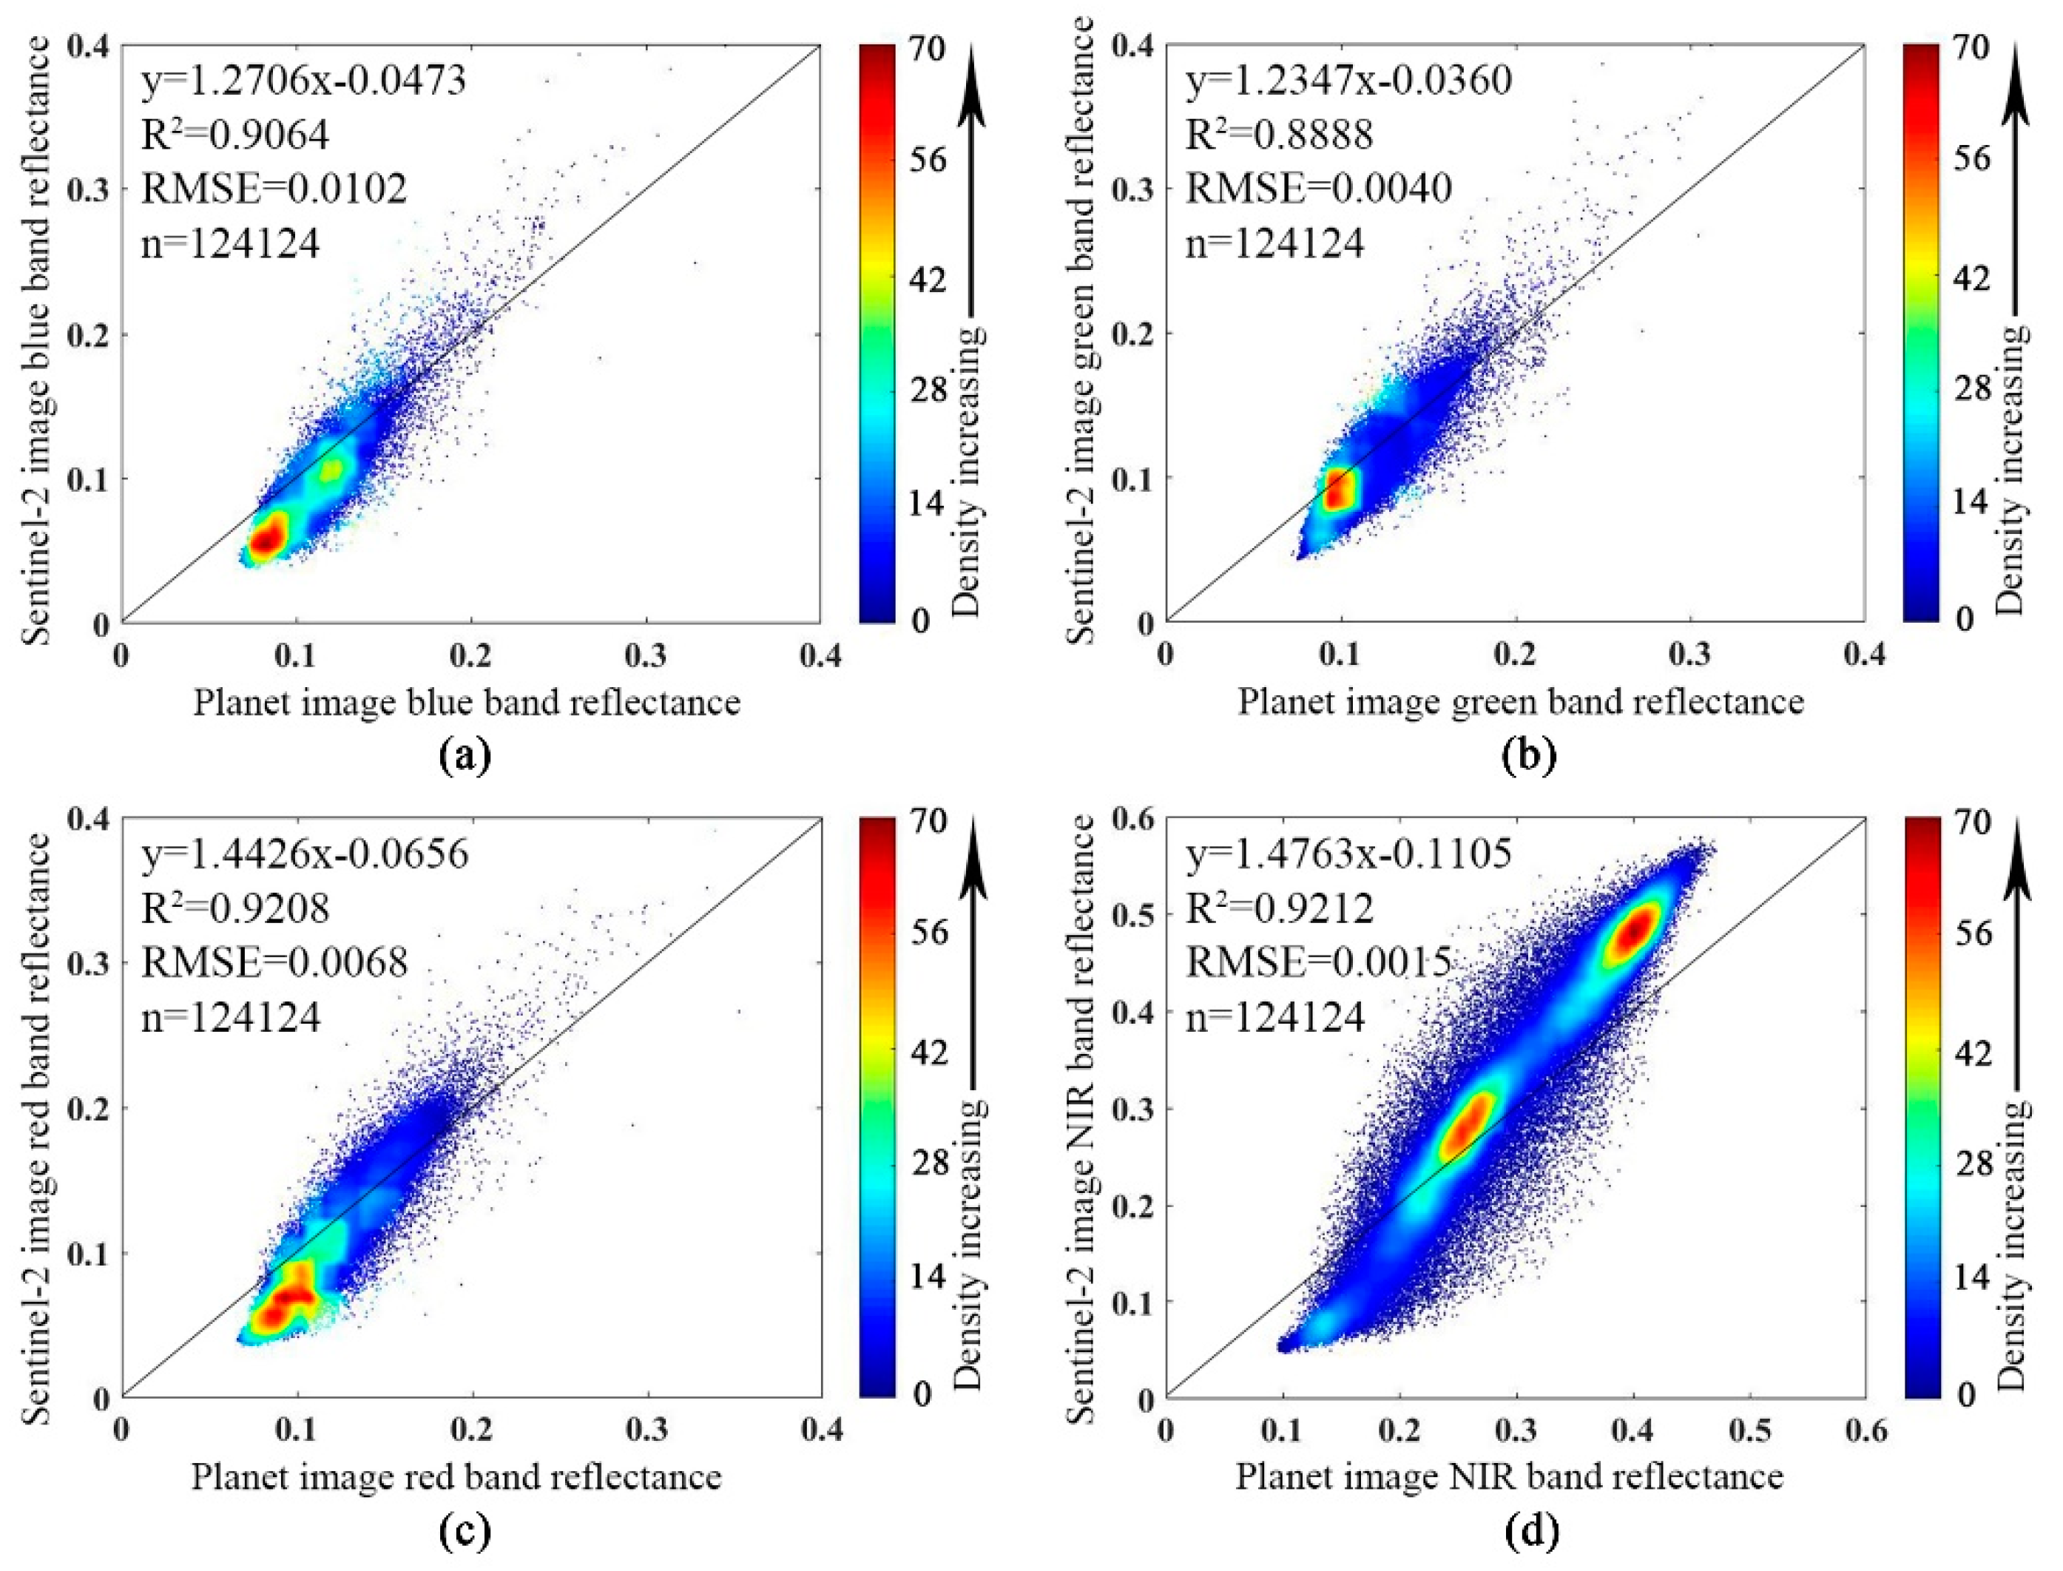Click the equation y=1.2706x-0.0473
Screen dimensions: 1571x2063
[x=304, y=81]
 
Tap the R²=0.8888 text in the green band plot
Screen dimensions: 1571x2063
[x=1280, y=135]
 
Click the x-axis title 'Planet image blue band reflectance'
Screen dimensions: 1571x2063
[x=467, y=701]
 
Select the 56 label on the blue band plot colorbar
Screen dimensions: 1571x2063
[x=928, y=160]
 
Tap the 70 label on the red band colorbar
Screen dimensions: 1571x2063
[x=928, y=821]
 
